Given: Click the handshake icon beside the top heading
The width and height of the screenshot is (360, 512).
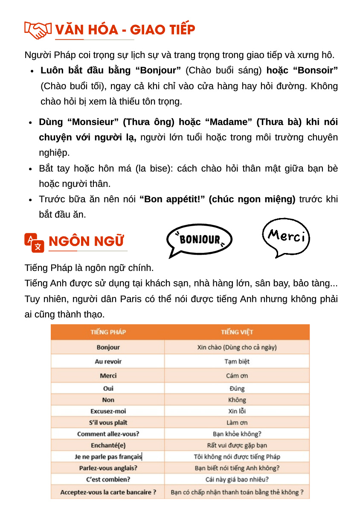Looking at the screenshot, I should (38, 30).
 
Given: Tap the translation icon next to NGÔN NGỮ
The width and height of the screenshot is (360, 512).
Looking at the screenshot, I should (34, 243).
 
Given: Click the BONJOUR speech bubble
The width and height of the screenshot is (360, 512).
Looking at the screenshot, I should (200, 240).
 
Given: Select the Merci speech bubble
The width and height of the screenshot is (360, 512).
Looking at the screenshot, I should (286, 236).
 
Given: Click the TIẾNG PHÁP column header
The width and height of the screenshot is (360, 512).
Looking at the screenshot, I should (108, 332).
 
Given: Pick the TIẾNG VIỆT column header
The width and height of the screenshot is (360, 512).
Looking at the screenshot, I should (237, 332).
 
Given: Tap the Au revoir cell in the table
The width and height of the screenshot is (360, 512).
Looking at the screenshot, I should (108, 361).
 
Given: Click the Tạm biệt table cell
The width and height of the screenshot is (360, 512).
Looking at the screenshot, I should (237, 361).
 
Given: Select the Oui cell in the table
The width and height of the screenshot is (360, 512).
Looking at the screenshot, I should (108, 389).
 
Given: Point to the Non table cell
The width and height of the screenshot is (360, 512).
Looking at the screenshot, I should (108, 400).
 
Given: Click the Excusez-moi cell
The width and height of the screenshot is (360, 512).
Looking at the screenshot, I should (108, 411).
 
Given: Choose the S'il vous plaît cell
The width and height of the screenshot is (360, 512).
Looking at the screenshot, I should (108, 422).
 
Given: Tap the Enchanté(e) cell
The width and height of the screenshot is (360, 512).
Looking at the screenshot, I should (108, 445).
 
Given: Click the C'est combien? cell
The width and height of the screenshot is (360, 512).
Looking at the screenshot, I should (108, 479).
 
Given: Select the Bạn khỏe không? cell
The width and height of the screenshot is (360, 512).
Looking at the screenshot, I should (237, 434).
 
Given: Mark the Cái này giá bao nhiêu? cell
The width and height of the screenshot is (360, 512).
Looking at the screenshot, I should (237, 479).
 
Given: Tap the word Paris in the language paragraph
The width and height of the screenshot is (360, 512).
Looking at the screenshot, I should (131, 299).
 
